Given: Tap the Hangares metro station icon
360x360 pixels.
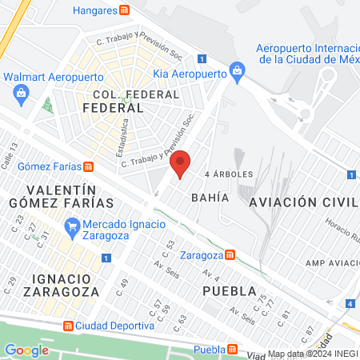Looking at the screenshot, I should [x=124, y=10].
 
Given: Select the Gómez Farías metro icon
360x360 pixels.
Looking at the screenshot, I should [x=88, y=166].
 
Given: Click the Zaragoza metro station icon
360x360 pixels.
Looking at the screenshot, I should [x=230, y=254].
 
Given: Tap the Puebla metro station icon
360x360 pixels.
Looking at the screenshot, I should [x=233, y=349].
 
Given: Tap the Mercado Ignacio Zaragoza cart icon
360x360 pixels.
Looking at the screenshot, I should [x=73, y=225].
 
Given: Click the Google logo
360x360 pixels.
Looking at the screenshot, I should [x=26, y=350].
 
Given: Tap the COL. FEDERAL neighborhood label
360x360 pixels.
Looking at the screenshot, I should [x=124, y=100].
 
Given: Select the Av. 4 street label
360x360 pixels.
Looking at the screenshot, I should [x=190, y=277].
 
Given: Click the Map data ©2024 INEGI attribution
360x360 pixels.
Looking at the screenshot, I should [x=313, y=354].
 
